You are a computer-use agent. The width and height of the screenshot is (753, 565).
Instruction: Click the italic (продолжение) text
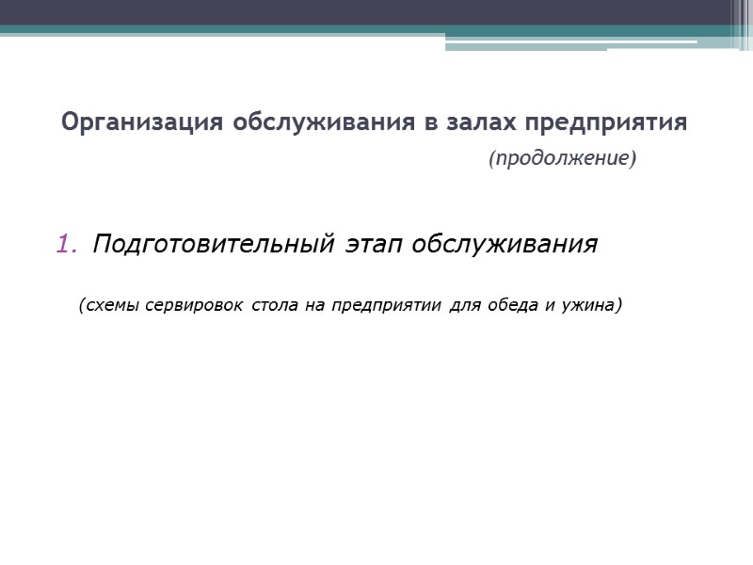[x=562, y=159]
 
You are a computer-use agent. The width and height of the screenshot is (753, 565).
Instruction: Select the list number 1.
[x=66, y=245]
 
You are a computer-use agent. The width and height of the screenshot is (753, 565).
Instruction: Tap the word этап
[x=372, y=245]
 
